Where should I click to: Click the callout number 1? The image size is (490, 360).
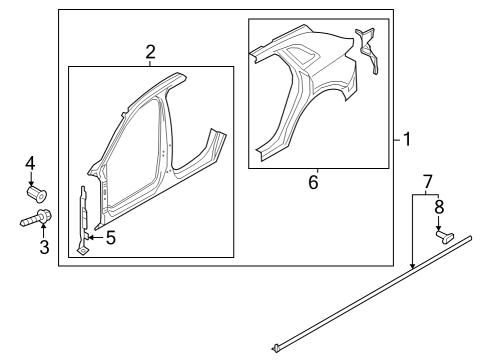pos(407,139)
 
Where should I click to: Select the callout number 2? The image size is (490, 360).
pos(150,52)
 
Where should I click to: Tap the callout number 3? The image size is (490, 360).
pos(44,247)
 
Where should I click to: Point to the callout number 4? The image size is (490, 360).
pos(30,164)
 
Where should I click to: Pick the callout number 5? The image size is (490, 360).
pos(111,238)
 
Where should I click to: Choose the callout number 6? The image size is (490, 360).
pos(313,182)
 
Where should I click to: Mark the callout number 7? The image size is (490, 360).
pos(427,182)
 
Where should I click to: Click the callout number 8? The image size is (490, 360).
pos(439,207)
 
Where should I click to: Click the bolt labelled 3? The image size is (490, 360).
pos(36,218)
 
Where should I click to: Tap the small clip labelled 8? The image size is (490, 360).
pos(445,237)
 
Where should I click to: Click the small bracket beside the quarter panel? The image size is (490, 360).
pos(368,50)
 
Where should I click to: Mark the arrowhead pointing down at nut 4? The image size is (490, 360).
pos(31,184)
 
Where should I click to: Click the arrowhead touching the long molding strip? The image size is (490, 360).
pos(413,265)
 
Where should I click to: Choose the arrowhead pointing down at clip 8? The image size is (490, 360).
pos(439,228)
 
